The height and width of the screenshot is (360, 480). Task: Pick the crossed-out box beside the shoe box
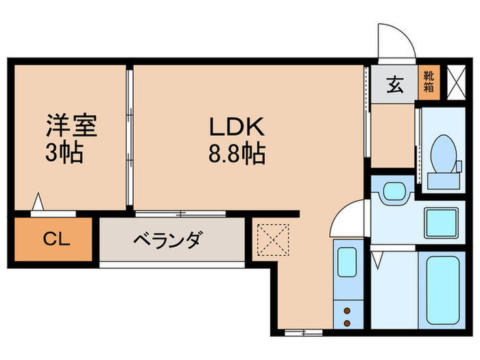454,82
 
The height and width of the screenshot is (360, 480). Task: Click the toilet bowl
443,152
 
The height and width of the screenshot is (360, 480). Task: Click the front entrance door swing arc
398,43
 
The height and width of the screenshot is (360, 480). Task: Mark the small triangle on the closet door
39,203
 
